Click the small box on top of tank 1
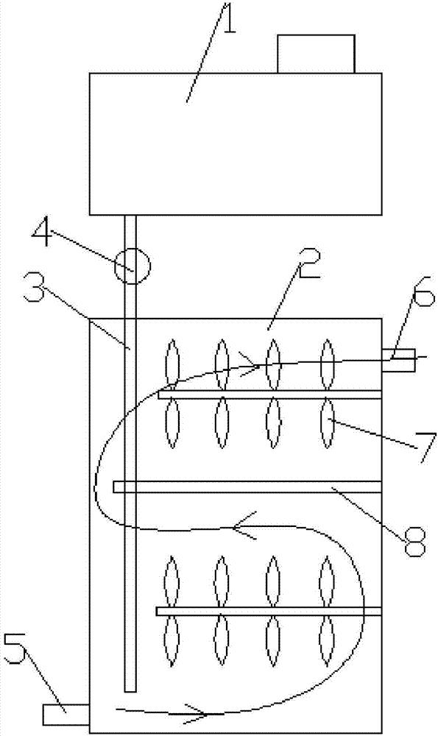click(x=316, y=54)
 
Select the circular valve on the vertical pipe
click(x=132, y=266)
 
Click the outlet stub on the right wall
click(x=398, y=360)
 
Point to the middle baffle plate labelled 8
click(x=247, y=486)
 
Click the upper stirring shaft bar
click(x=269, y=394)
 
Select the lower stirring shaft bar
click(x=269, y=611)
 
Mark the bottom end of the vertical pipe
click(x=130, y=691)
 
